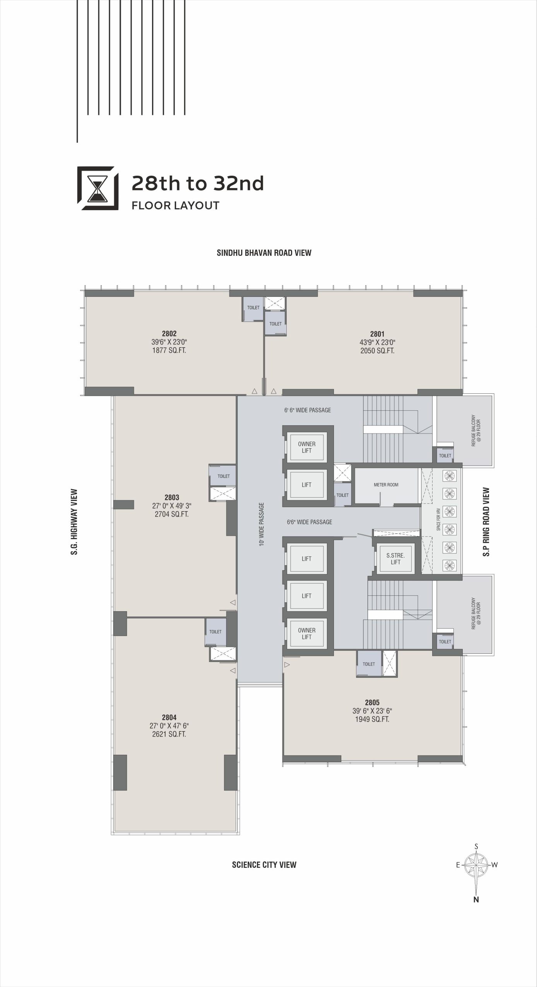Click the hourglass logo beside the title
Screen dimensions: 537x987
click(x=98, y=188)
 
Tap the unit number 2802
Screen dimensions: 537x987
click(x=169, y=334)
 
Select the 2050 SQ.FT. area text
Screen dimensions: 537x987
click(x=377, y=351)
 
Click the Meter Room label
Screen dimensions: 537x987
click(x=386, y=485)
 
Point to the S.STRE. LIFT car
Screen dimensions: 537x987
click(x=395, y=559)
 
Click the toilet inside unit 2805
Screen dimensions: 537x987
click(x=369, y=664)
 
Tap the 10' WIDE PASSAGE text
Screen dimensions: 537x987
click(x=262, y=524)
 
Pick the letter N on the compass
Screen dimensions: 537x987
click(x=476, y=900)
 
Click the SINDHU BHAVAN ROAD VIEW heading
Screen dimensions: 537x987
click(x=264, y=253)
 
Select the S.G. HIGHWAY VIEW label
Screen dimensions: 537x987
click(x=74, y=522)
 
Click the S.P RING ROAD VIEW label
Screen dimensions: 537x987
click(x=486, y=522)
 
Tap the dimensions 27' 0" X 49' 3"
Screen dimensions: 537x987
click(x=172, y=506)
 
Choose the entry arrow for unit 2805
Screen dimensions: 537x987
click(x=287, y=665)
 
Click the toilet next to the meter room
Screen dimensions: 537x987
click(x=342, y=495)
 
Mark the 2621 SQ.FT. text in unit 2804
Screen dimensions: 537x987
click(x=169, y=734)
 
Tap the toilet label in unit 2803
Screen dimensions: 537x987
click(x=224, y=476)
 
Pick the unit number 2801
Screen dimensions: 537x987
click(x=377, y=334)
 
